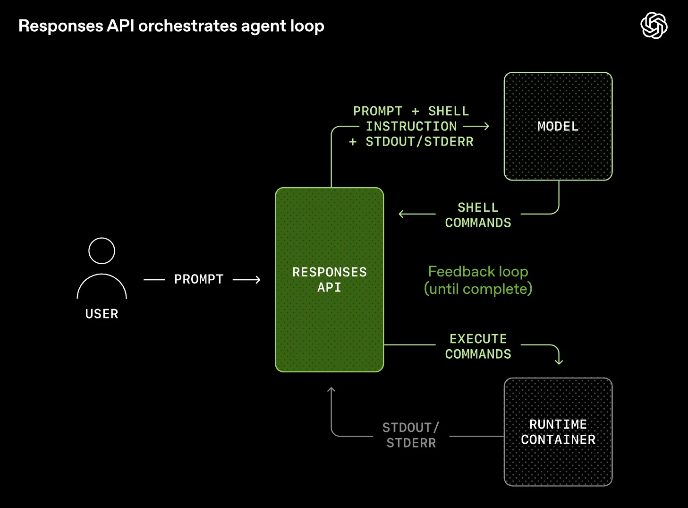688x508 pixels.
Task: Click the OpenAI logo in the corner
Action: tap(654, 26)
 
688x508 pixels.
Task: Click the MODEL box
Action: tap(558, 126)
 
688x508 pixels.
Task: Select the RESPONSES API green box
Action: tap(329, 280)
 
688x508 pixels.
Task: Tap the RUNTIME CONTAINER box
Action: tap(558, 432)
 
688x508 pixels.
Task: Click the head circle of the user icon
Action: tap(102, 251)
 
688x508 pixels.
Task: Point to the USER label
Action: tap(102, 314)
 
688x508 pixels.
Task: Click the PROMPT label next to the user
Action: tap(199, 279)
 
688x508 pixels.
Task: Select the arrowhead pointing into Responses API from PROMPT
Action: tap(257, 280)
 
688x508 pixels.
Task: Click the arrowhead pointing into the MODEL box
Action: tap(486, 126)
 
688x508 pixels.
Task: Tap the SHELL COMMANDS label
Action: tap(478, 215)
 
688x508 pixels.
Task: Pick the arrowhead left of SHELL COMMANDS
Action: tap(401, 214)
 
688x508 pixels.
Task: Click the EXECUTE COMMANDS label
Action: tap(478, 346)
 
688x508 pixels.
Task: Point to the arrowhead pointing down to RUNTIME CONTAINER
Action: tap(559, 362)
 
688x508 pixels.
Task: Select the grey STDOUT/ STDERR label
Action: tap(411, 435)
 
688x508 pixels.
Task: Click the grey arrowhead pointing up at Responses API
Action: tap(331, 390)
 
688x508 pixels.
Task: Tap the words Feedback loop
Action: tap(478, 272)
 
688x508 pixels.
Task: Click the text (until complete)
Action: tap(478, 289)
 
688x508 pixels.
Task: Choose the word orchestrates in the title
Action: tap(188, 26)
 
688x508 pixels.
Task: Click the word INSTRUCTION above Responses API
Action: tap(411, 126)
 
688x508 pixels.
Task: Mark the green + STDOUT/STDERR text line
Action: tap(411, 142)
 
